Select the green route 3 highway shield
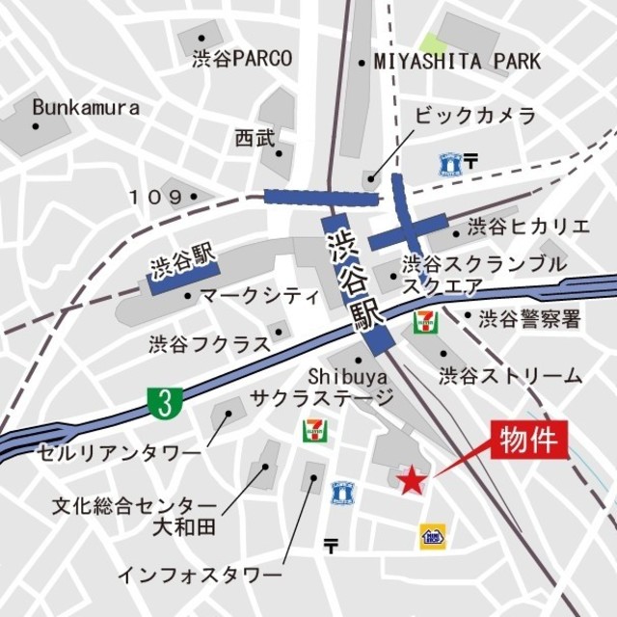166,404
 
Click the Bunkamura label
85,108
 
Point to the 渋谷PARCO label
242,58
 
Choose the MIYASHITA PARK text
458,63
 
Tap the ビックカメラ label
474,116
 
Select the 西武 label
254,139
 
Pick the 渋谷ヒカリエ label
528,227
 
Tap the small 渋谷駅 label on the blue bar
181,262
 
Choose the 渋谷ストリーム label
510,374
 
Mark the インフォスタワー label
193,575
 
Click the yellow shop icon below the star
431,536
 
